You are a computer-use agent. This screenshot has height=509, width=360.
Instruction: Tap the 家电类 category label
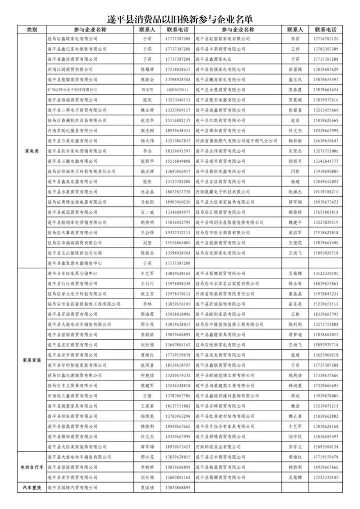click(31, 151)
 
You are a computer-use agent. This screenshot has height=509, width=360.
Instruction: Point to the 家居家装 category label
click(31, 360)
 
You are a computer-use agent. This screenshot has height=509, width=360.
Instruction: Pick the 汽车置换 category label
click(31, 488)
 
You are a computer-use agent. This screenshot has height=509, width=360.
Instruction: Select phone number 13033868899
click(178, 488)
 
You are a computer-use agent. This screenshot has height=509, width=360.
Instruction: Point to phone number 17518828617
click(178, 69)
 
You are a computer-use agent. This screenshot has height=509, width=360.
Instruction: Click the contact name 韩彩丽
click(295, 140)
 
